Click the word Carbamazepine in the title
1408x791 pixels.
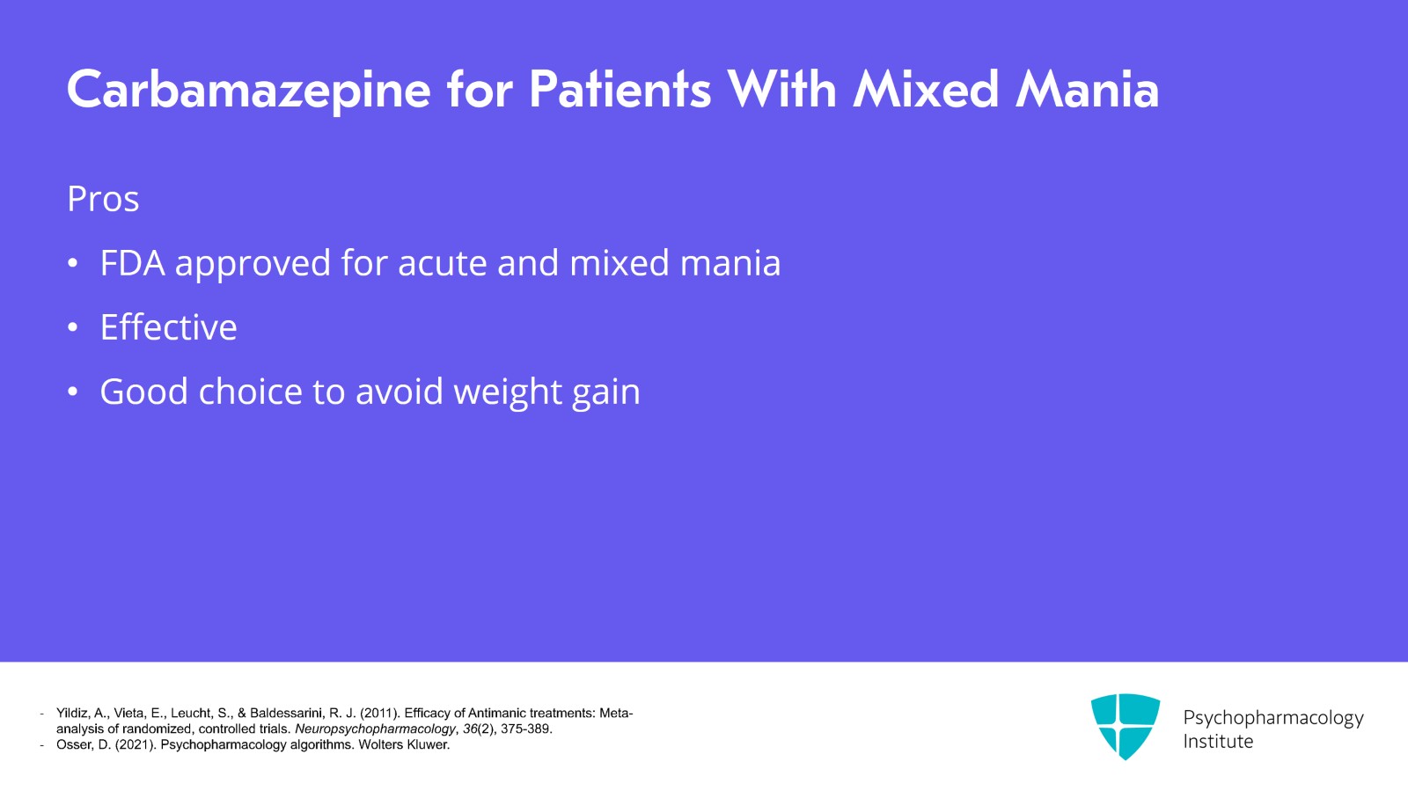[x=249, y=91]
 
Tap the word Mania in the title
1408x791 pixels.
[x=1087, y=91]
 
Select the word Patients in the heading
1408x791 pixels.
[x=620, y=91]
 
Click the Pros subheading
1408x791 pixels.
[x=103, y=199]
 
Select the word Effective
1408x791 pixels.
[x=168, y=327]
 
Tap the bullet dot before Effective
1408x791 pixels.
[x=73, y=328]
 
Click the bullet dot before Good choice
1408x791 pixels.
[x=73, y=392]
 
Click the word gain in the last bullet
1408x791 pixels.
[x=605, y=392]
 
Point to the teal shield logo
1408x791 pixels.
[x=1125, y=726]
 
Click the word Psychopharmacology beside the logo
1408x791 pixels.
[x=1272, y=717]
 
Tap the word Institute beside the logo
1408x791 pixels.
[x=1217, y=742]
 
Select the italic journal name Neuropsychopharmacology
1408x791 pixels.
[x=375, y=729]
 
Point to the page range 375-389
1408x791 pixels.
[x=525, y=729]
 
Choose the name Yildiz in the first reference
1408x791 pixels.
[x=73, y=714]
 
